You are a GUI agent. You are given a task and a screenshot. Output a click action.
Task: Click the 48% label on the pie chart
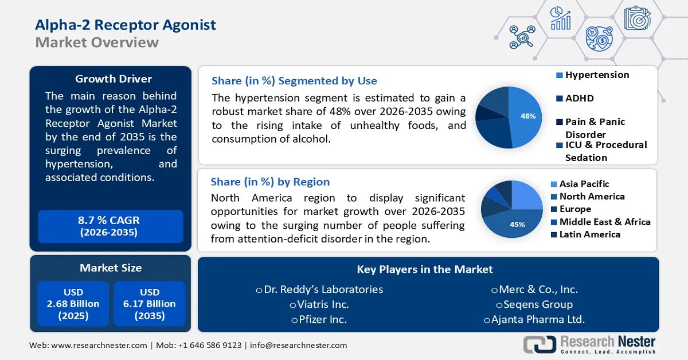528,116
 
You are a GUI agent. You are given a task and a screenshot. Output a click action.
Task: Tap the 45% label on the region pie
517,224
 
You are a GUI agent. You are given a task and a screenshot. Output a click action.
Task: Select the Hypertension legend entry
597,75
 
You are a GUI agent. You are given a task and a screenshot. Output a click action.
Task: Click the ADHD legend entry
580,99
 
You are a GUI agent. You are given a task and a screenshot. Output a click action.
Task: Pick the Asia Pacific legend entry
584,184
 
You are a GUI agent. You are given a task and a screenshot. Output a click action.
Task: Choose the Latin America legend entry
590,234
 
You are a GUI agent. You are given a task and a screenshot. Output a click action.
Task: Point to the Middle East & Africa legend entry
605,222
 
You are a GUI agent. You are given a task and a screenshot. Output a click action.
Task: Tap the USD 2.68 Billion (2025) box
73,304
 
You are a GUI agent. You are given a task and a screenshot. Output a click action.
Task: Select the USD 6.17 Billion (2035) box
150,304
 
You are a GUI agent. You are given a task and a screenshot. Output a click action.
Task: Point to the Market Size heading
111,268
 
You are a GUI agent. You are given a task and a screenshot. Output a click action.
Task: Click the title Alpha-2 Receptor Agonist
126,25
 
